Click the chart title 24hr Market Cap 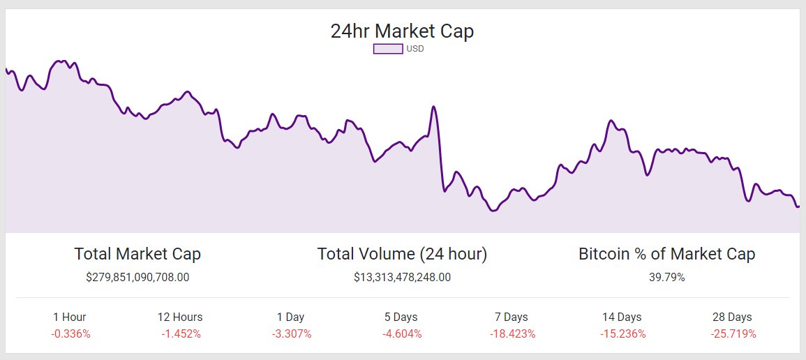click(x=402, y=31)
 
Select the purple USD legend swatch click(x=388, y=49)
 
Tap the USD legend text click(x=415, y=49)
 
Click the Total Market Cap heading click(x=137, y=254)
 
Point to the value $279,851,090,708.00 click(x=137, y=277)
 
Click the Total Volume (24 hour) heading click(x=402, y=254)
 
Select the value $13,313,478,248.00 click(x=402, y=277)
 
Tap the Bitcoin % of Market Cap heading click(x=666, y=254)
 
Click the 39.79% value click(x=666, y=277)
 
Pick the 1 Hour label click(x=70, y=317)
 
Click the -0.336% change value click(x=70, y=333)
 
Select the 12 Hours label click(x=180, y=317)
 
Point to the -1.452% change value click(x=181, y=333)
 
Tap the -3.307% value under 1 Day click(x=292, y=333)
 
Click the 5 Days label click(x=401, y=317)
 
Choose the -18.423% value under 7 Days click(x=512, y=333)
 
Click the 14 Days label click(x=622, y=317)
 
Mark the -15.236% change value click(x=622, y=333)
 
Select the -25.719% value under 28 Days click(x=733, y=333)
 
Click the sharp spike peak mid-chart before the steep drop click(x=434, y=107)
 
